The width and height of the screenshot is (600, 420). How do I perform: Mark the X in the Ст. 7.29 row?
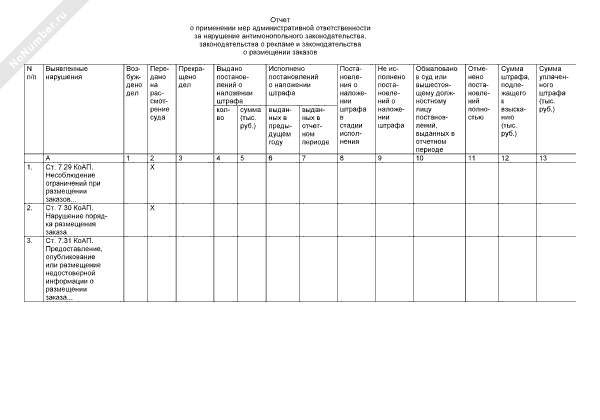tap(151, 166)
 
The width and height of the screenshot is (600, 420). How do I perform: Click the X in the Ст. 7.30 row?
tap(151, 207)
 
